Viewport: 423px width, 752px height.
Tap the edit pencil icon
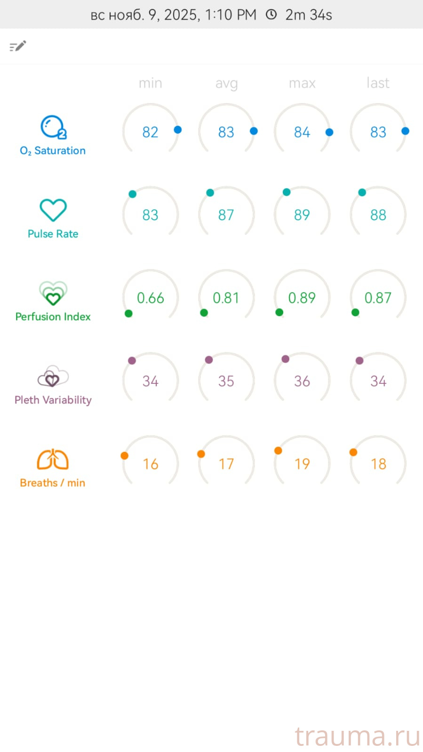point(18,46)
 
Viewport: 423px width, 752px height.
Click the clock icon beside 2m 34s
point(271,15)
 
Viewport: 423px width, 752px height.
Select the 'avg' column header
point(226,83)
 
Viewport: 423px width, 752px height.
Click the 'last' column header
point(378,83)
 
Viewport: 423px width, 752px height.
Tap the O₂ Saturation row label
point(53,150)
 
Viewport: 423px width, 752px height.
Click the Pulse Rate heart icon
point(53,210)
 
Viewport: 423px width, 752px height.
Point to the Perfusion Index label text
point(53,317)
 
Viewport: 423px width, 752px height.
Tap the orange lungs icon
point(53,459)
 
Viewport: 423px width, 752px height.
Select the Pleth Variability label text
point(53,400)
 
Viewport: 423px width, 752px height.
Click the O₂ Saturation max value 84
point(302,132)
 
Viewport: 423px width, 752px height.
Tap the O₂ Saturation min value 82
point(150,132)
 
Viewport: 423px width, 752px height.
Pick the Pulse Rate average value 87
point(226,215)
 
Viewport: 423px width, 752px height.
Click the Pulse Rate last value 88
point(378,215)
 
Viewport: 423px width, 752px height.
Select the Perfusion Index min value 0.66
point(150,298)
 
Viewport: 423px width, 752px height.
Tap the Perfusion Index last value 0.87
point(378,298)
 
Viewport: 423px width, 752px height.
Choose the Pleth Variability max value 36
point(302,381)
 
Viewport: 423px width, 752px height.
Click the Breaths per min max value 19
point(302,464)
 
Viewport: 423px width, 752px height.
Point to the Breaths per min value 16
point(150,464)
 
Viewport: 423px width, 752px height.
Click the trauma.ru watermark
point(357,736)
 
